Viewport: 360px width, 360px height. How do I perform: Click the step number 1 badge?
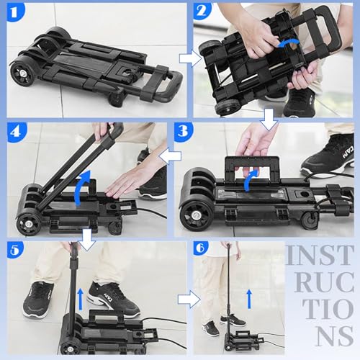15,12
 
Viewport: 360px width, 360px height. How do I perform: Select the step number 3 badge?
183,132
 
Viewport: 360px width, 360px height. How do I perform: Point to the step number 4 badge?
17,132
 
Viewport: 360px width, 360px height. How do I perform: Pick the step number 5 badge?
15,250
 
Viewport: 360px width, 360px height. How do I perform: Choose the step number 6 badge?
201,248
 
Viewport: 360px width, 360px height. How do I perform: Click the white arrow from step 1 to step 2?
190,59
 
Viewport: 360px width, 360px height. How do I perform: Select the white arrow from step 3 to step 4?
170,156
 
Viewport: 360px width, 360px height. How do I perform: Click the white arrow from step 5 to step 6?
189,299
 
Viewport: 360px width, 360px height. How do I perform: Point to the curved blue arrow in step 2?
289,42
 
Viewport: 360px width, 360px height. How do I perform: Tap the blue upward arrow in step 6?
249,299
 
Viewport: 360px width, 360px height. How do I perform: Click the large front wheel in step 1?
22,73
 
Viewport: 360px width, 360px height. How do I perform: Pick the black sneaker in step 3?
328,153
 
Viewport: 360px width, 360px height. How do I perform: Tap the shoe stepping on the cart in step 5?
112,300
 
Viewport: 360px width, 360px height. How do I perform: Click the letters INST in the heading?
320,255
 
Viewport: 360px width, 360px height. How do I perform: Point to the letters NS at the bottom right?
335,336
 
